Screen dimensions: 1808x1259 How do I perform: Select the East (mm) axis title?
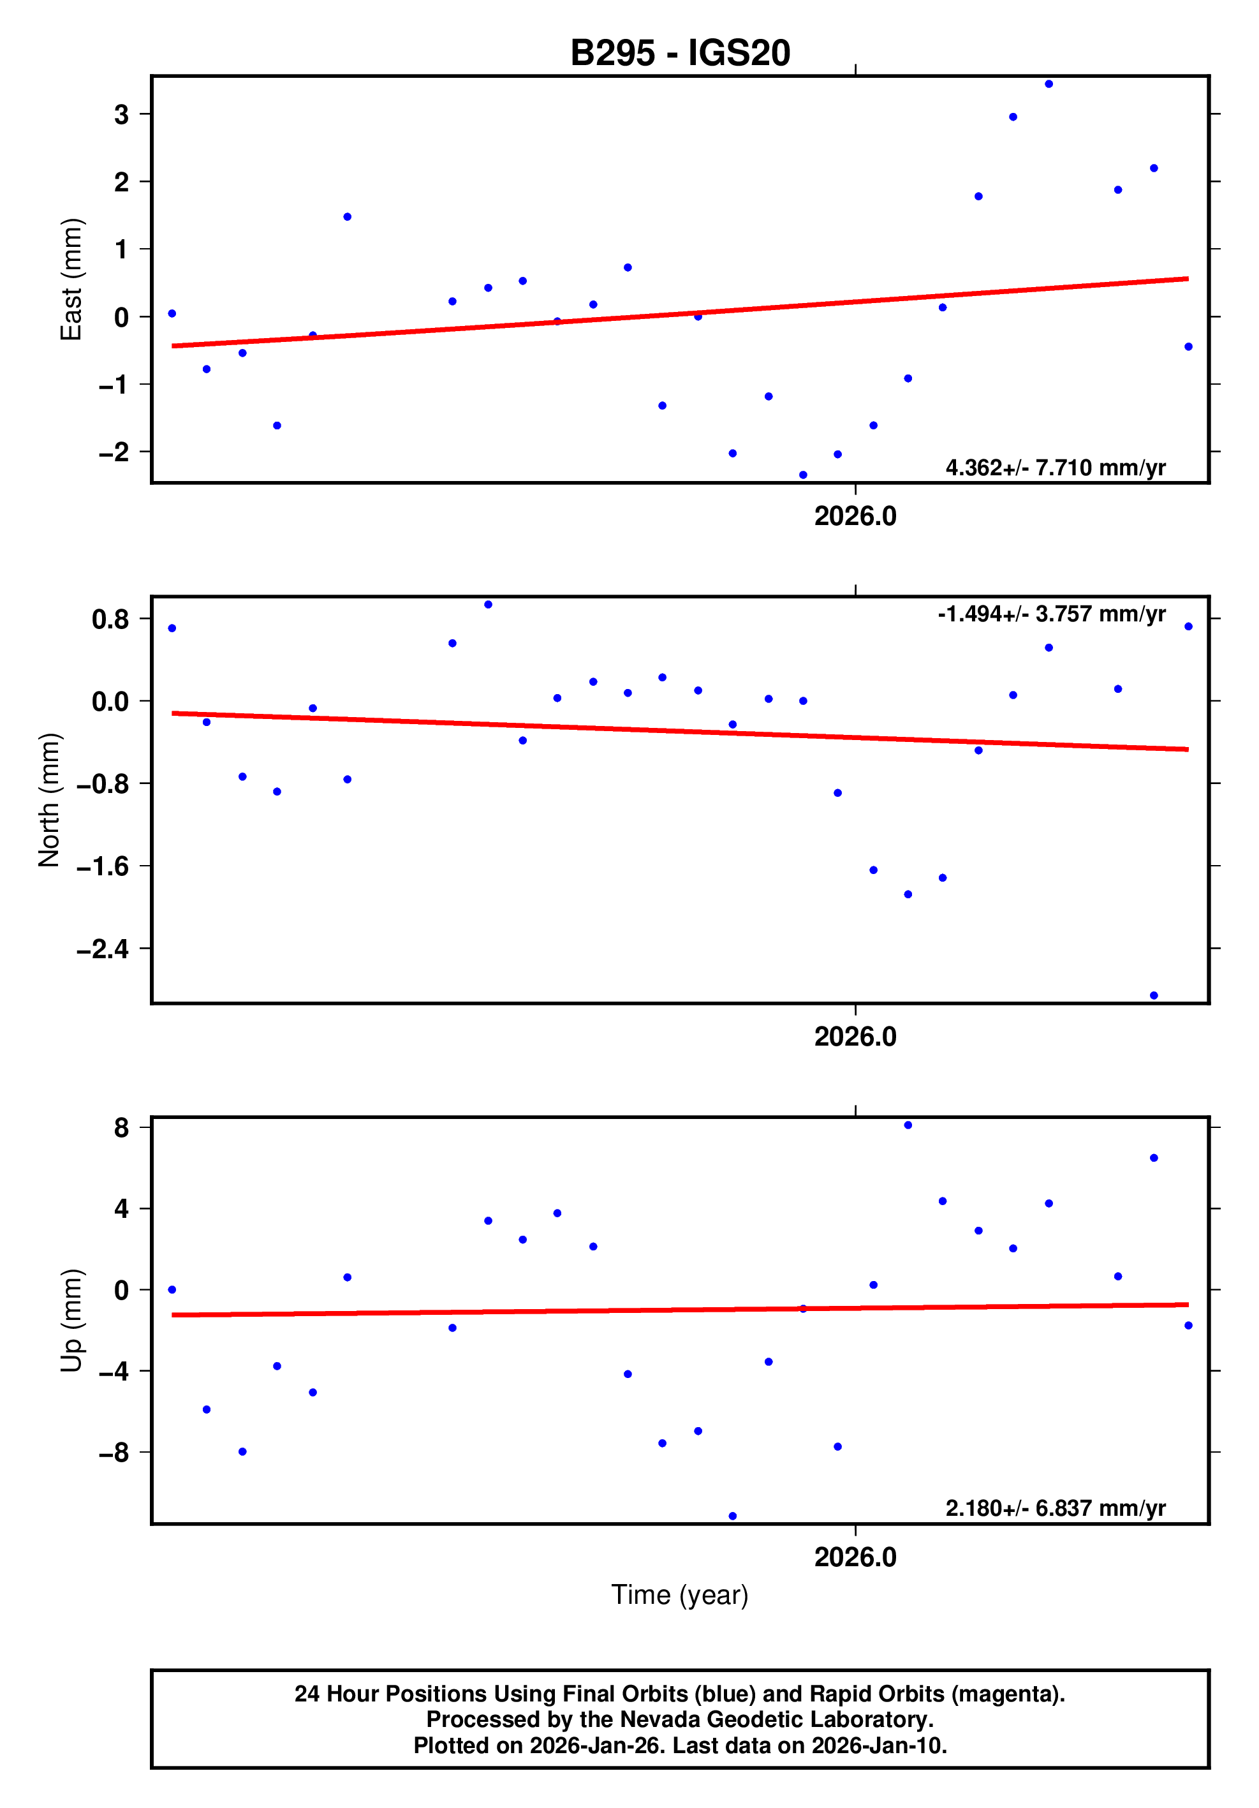coord(71,279)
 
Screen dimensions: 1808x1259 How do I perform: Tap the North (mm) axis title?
coord(49,800)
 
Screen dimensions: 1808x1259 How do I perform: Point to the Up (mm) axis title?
coord(71,1321)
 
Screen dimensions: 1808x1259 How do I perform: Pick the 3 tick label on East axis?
coord(121,115)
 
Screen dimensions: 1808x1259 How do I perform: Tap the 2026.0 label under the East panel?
coord(855,517)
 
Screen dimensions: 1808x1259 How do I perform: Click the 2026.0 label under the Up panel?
coord(855,1557)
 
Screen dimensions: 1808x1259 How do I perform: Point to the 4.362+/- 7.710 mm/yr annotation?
coord(1055,468)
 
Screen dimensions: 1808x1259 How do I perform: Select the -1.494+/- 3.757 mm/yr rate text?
coord(1051,614)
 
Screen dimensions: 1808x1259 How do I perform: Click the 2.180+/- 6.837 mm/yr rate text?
coord(1055,1508)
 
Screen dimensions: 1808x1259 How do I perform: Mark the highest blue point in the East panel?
coord(1049,84)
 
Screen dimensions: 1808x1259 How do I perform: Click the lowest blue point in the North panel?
coord(1154,995)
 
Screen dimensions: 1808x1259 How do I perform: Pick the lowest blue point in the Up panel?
coord(732,1516)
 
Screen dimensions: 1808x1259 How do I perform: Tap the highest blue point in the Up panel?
coord(908,1125)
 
